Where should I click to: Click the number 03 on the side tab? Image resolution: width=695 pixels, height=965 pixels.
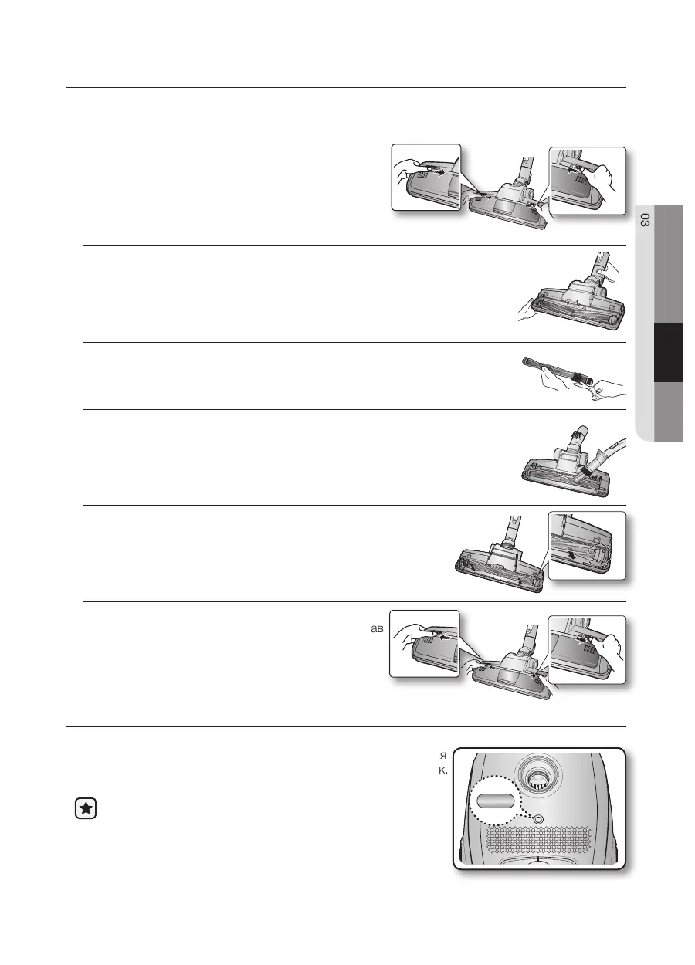coord(646,221)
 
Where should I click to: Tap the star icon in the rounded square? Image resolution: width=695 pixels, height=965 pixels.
coord(86,808)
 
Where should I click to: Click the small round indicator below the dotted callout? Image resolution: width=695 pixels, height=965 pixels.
coord(538,819)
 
